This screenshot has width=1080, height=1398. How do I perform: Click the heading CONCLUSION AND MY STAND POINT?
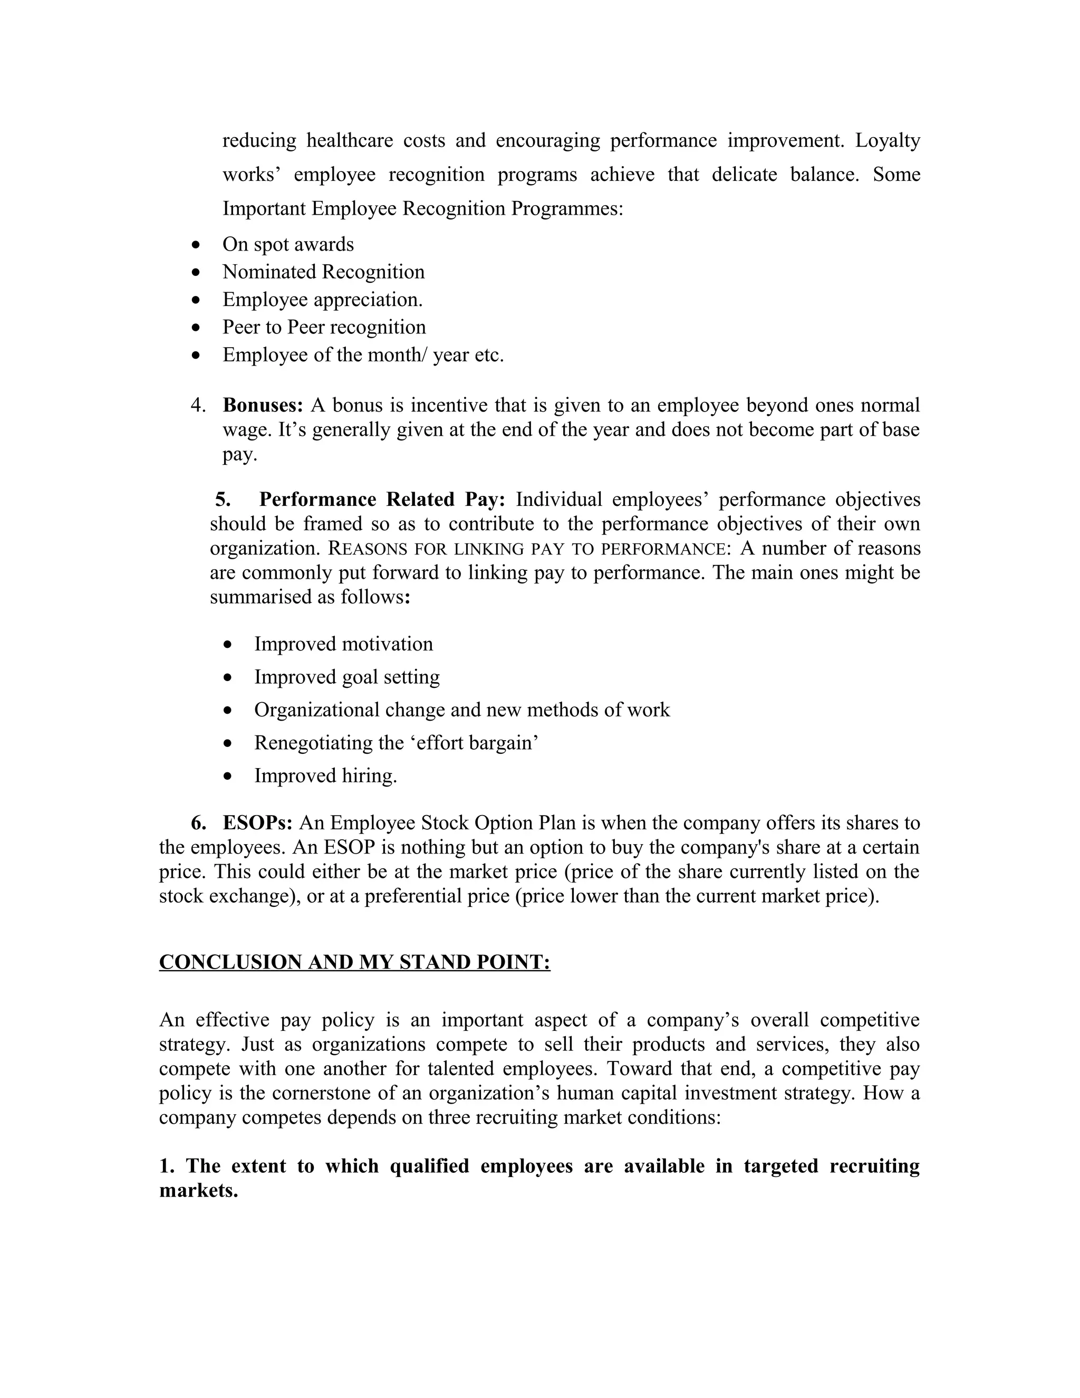(354, 962)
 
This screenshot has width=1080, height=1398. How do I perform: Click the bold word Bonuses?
(262, 405)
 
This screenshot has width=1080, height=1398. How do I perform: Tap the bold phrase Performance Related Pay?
(382, 499)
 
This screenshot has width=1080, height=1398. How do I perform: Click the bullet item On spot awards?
(288, 245)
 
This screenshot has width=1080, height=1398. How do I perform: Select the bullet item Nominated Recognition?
(323, 272)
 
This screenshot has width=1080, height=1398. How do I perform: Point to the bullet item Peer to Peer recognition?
(324, 327)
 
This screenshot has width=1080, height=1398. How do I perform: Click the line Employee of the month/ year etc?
(363, 355)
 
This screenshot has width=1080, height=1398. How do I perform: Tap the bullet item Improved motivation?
(344, 644)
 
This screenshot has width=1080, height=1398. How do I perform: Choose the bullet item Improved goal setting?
(347, 677)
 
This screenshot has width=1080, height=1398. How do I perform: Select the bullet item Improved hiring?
(326, 776)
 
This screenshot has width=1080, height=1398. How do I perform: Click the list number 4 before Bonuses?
(198, 405)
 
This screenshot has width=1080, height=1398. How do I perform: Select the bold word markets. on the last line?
(198, 1191)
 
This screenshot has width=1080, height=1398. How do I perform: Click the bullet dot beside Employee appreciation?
(196, 300)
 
